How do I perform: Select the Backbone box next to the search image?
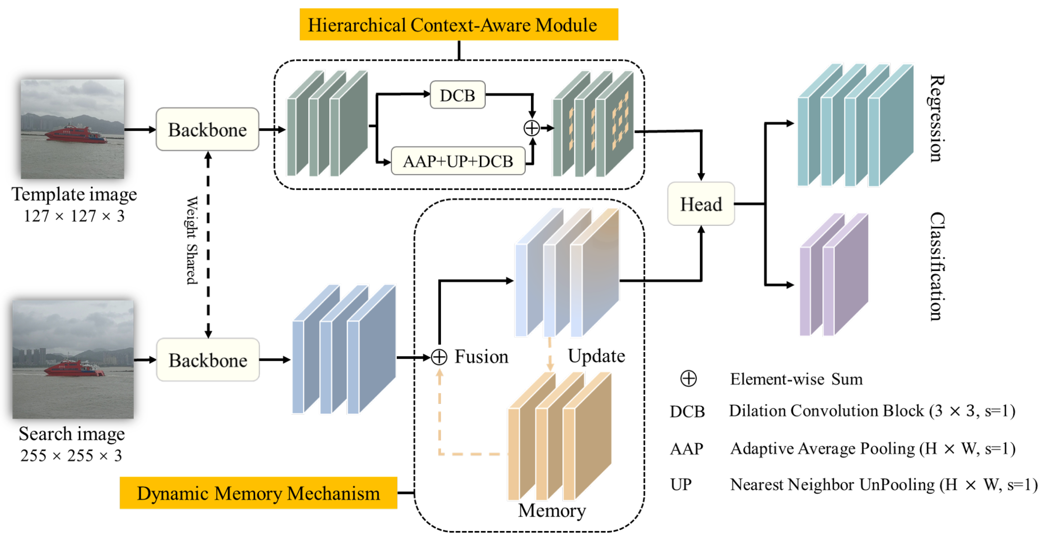point(208,360)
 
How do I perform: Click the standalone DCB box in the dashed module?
point(457,95)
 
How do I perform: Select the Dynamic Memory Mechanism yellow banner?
point(258,493)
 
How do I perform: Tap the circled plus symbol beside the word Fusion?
point(439,357)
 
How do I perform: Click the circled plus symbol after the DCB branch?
point(531,128)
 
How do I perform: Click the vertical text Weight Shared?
point(192,241)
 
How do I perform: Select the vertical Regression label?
point(936,118)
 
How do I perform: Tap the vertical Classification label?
point(936,266)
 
